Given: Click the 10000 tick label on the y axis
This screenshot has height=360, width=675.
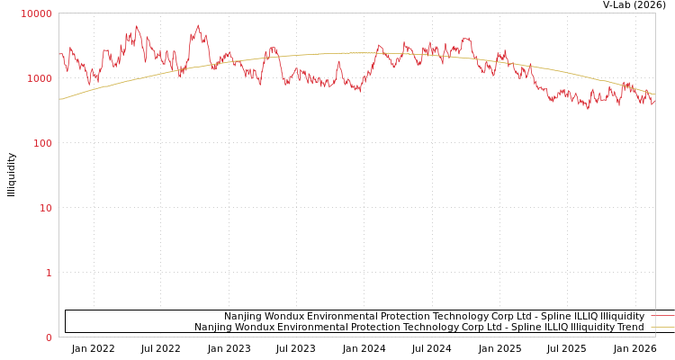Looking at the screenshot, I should pos(37,13).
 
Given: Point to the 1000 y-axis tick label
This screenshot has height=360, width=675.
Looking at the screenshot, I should pos(40,78).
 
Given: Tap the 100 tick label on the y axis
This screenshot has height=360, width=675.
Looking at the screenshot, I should pos(42,143).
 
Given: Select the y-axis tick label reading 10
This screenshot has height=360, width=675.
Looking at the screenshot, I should pos(45,208).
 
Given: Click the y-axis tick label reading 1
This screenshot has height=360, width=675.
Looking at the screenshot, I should pos(49,273).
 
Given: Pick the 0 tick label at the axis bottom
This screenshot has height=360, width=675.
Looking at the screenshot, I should pos(49,337).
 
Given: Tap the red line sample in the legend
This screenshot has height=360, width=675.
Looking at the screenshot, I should pos(662,317).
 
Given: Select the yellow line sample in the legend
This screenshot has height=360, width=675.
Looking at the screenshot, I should pos(662,328).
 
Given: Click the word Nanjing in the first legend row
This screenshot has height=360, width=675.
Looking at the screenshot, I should pos(243,317).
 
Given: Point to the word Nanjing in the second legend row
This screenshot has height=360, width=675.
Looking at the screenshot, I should pos(213,328).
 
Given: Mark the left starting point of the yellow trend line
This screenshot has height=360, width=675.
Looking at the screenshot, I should pos(59,99).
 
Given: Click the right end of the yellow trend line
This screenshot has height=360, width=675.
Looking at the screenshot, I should pos(654,94).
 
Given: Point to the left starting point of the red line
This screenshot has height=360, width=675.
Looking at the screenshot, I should pos(59,55).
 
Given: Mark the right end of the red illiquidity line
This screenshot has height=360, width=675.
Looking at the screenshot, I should pos(654,102).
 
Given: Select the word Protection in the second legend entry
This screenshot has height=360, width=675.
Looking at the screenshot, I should pos(373,328).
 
